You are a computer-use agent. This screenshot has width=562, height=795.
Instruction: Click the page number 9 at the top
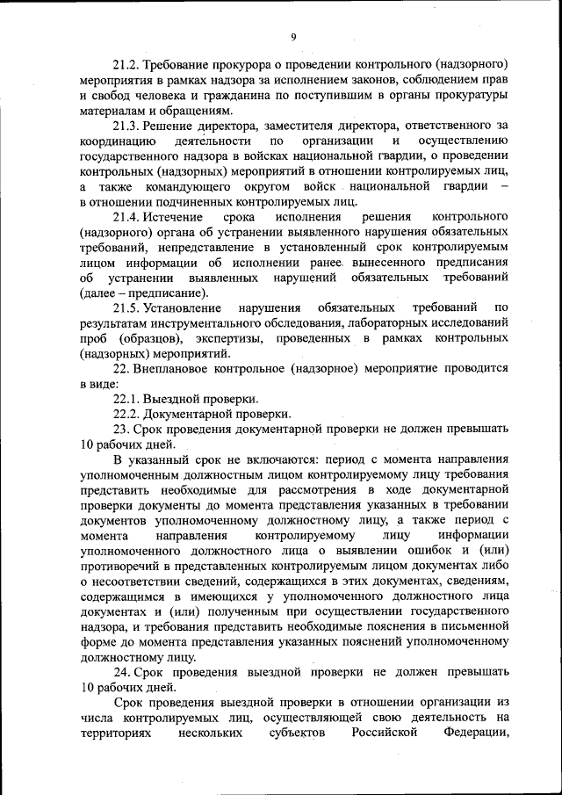pyautogui.click(x=294, y=36)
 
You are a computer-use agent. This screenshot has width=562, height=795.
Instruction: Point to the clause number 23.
pyautogui.click(x=121, y=429)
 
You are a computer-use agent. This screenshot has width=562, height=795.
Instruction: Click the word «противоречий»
pyautogui.click(x=119, y=565)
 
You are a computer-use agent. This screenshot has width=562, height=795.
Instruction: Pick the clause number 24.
pyautogui.click(x=121, y=671)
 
